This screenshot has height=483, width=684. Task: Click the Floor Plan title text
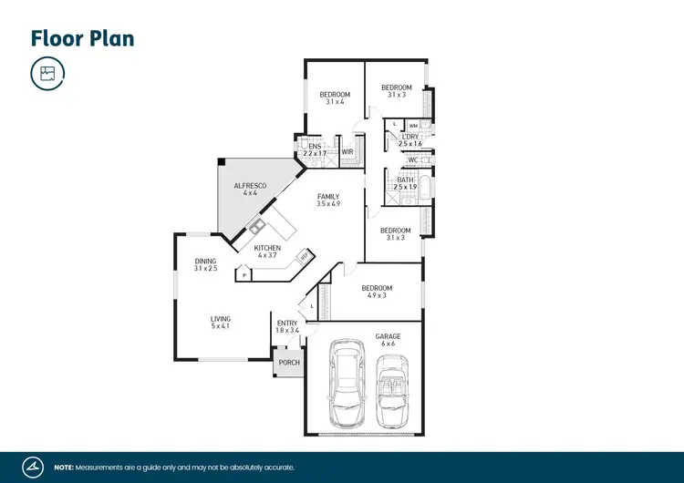(83, 38)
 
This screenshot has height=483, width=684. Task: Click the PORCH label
(289, 363)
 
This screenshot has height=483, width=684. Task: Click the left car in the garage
(347, 384)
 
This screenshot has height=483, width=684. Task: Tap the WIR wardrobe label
(347, 152)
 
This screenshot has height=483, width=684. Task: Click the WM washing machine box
(413, 126)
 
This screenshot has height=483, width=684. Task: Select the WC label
(412, 160)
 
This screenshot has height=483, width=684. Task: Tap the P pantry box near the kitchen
(244, 273)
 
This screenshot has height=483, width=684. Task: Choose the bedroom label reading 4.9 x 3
(376, 292)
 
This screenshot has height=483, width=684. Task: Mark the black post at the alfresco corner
(221, 162)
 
